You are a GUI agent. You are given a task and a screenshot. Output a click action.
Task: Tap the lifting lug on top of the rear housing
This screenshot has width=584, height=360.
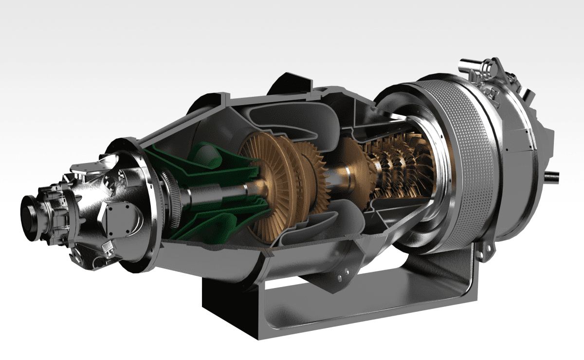[492, 68]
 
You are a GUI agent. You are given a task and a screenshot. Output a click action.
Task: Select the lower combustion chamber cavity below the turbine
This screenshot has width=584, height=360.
[311, 229]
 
